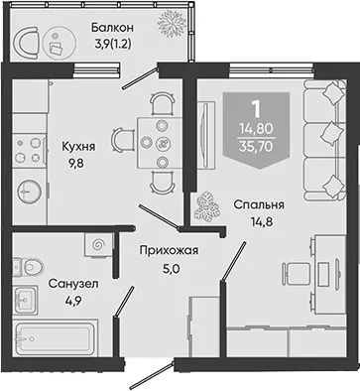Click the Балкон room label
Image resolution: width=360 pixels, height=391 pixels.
(x=112, y=28)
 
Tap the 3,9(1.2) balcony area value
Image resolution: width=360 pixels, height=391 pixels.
(x=113, y=44)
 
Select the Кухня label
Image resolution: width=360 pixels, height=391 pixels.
(x=78, y=147)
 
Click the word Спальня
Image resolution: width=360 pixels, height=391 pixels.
(x=259, y=204)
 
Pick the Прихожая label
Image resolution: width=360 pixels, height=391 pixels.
(x=169, y=250)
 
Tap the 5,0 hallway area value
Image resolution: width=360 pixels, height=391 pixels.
(x=171, y=269)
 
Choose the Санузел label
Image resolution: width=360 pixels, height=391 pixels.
(x=73, y=284)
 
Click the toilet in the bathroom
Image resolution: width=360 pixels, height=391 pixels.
(x=29, y=267)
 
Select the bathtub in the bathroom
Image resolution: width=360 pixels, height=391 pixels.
(x=56, y=338)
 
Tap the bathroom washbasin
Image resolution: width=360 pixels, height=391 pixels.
(x=25, y=301)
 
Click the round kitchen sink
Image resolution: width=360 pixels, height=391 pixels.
(x=30, y=192)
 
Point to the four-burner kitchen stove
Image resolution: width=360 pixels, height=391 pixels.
(x=29, y=150)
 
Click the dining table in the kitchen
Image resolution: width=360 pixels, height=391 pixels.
(x=161, y=143)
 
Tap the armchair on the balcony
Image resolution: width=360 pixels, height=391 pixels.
(x=27, y=42)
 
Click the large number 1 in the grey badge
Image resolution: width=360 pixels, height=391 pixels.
(x=256, y=109)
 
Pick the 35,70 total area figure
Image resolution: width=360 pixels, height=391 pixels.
(x=257, y=146)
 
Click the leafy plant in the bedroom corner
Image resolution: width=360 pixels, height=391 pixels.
(x=206, y=207)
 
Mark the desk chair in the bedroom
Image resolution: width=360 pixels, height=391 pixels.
(x=297, y=274)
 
